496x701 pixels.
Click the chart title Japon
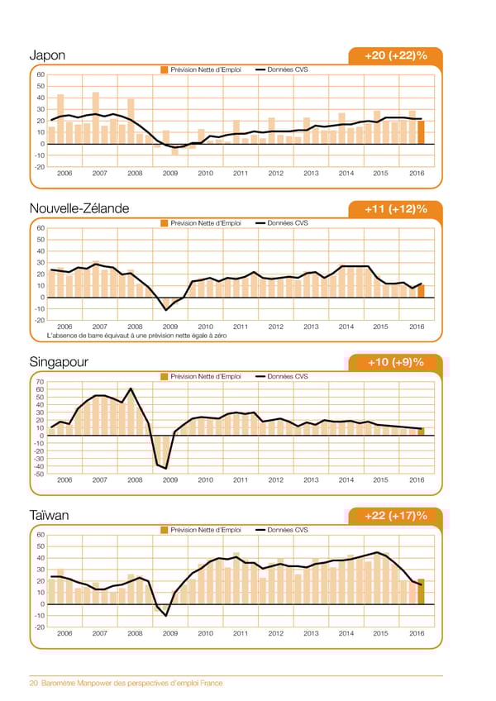pyautogui.click(x=47, y=55)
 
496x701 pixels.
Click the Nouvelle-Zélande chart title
pyautogui.click(x=79, y=208)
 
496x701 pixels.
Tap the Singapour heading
pyautogui.click(x=59, y=362)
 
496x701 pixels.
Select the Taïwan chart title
pyautogui.click(x=49, y=516)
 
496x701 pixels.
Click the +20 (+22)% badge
pyautogui.click(x=395, y=55)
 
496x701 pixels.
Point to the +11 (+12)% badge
pyautogui.click(x=395, y=208)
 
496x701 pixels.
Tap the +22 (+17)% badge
pyautogui.click(x=395, y=516)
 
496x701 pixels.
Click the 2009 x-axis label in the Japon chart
pyautogui.click(x=170, y=174)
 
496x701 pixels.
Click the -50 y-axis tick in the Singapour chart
pyautogui.click(x=39, y=473)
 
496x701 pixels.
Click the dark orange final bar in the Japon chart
pyautogui.click(x=421, y=132)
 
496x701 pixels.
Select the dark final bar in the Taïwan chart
pyautogui.click(x=421, y=591)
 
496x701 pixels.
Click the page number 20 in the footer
pyautogui.click(x=34, y=683)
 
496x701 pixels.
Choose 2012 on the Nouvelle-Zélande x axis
pyautogui.click(x=276, y=327)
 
